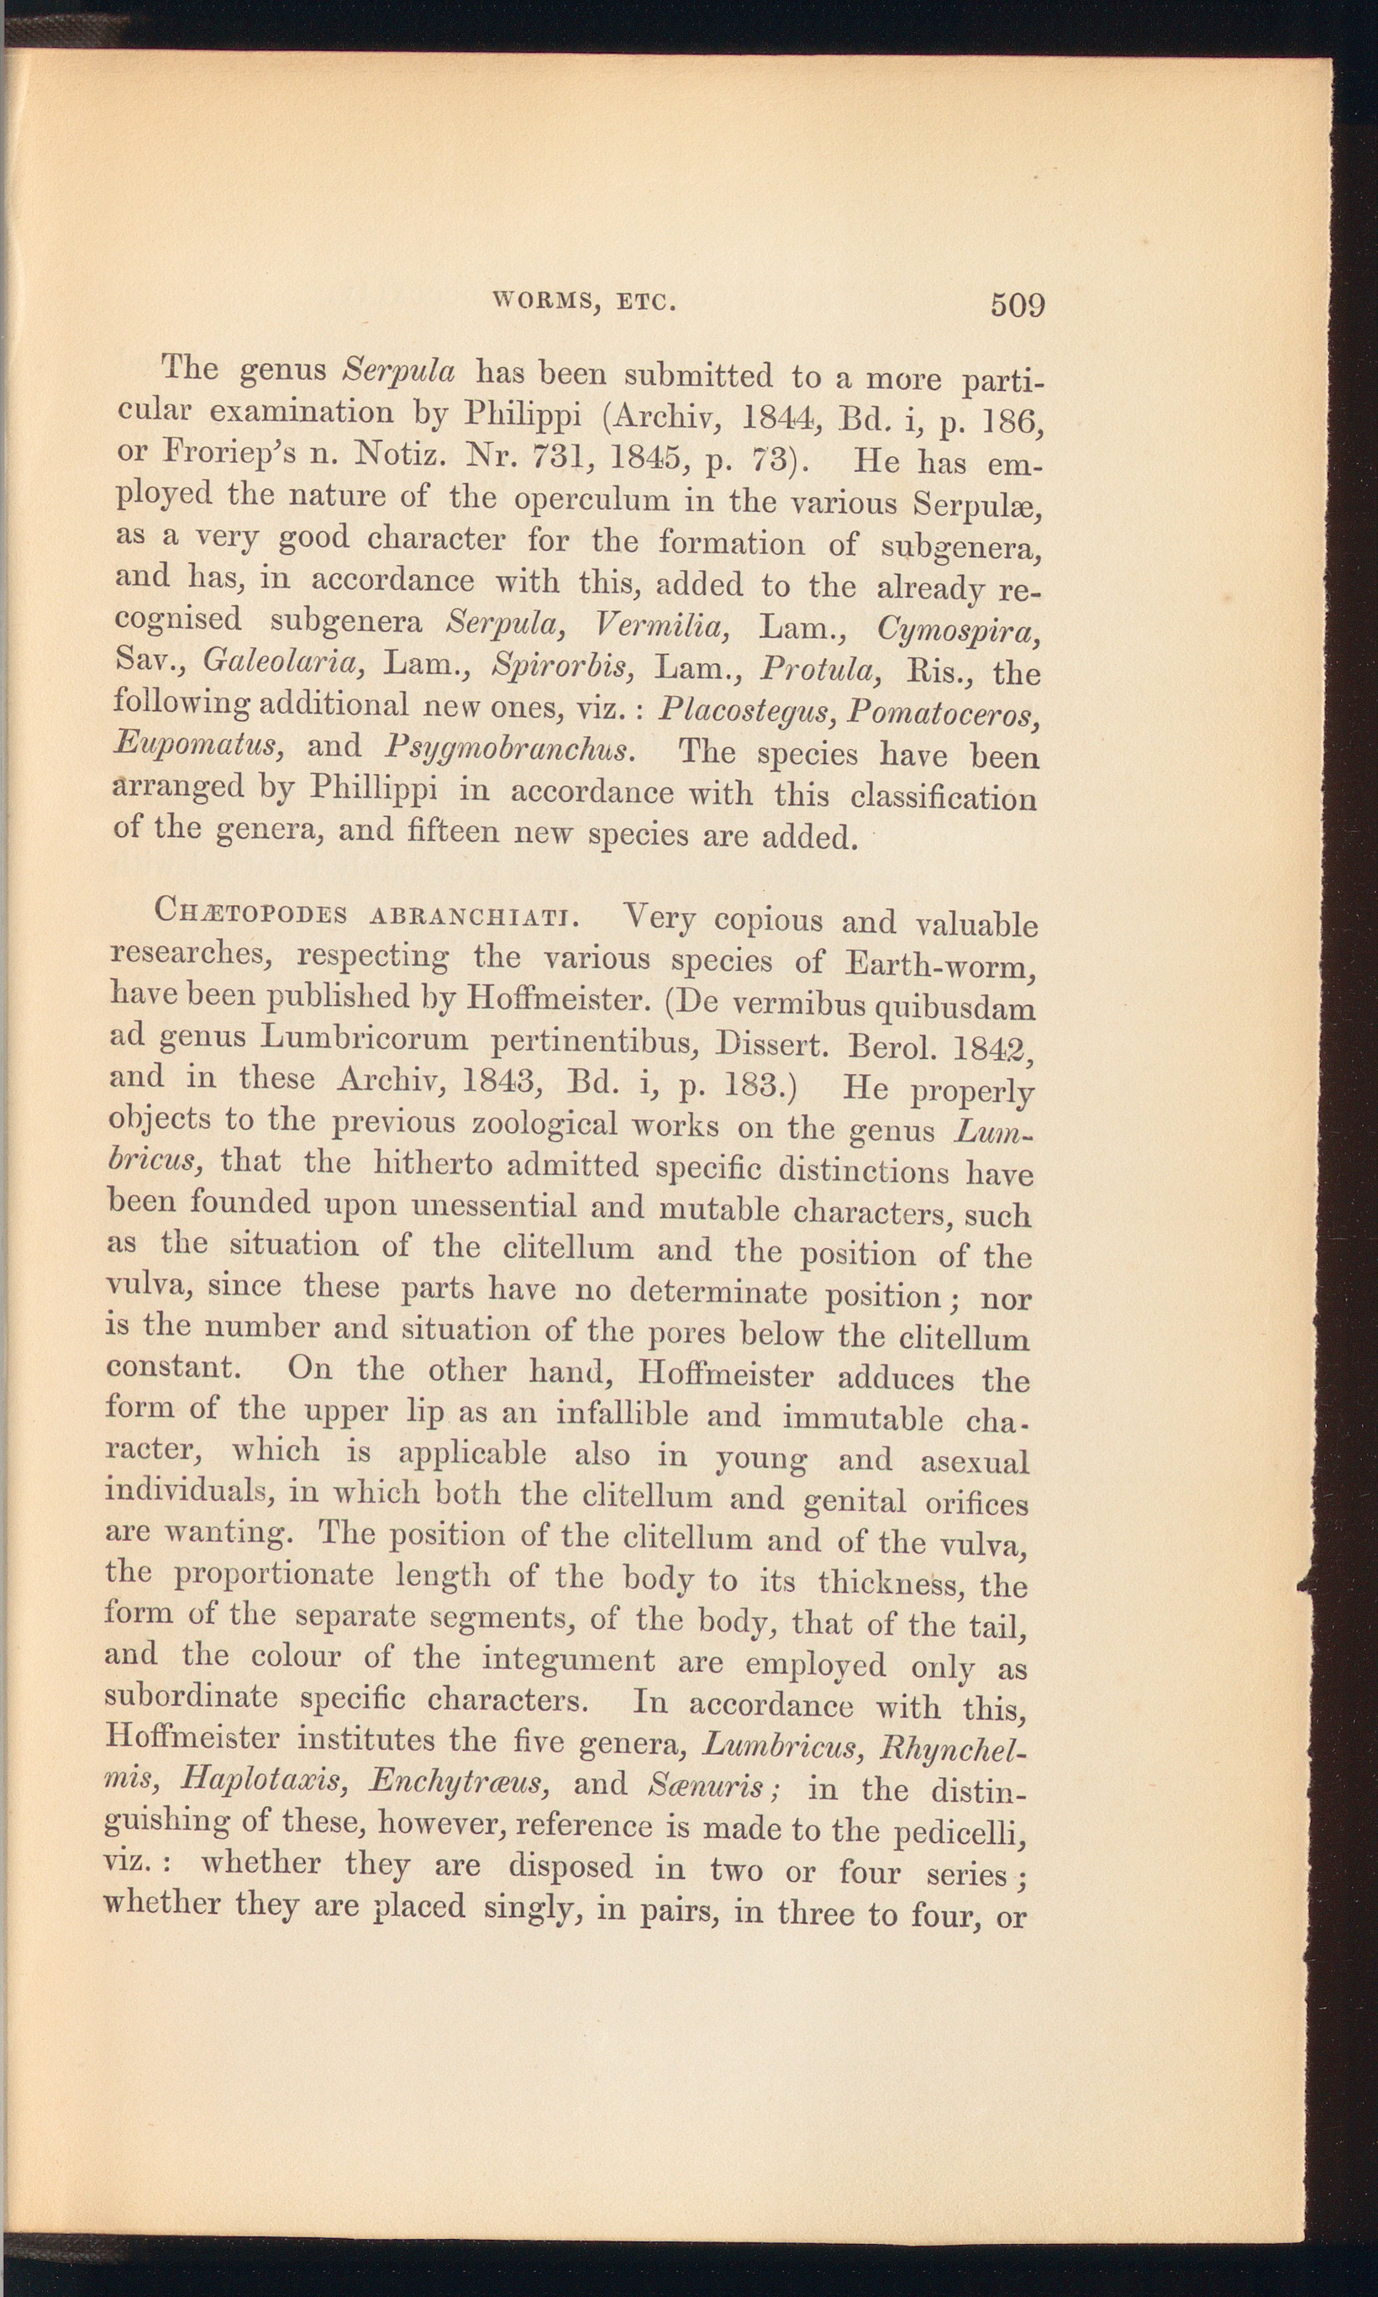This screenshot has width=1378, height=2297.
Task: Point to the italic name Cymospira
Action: pos(957,633)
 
